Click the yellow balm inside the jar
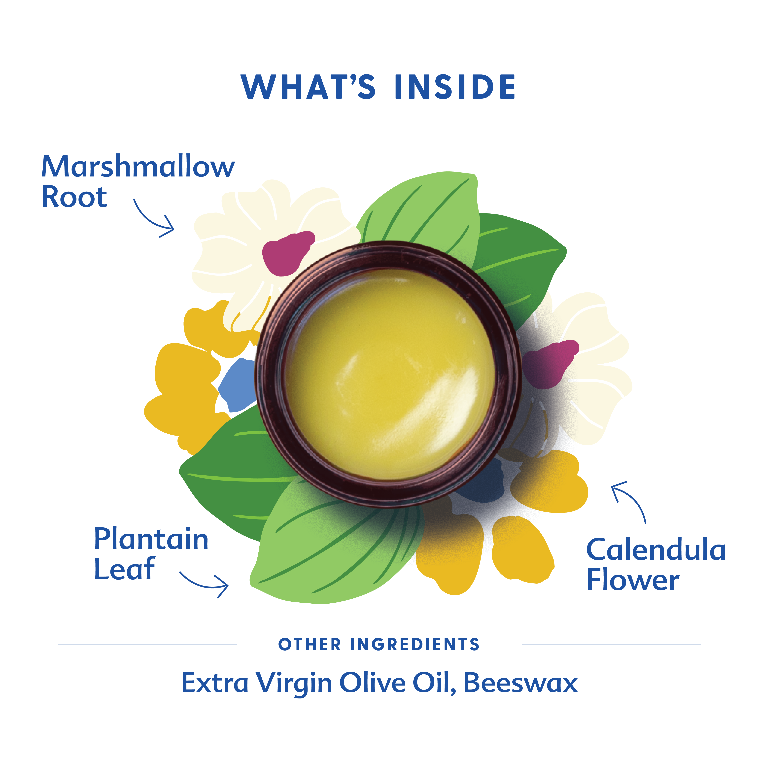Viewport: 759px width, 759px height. pyautogui.click(x=389, y=373)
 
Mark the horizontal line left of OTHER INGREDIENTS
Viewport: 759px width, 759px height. pyautogui.click(x=147, y=644)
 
